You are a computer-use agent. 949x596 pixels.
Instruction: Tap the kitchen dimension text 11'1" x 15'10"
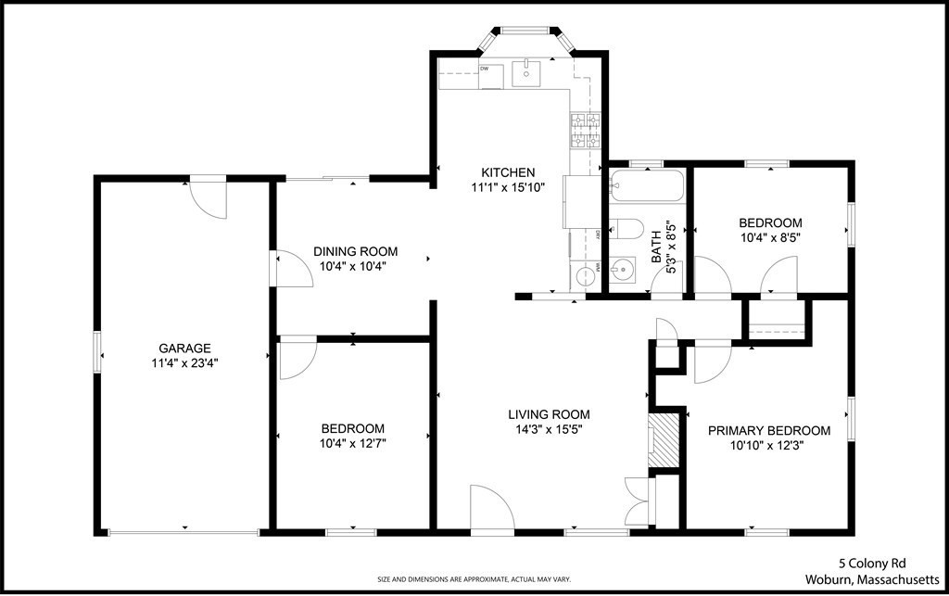tap(507, 187)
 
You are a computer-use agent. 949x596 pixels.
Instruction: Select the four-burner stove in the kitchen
tap(585, 131)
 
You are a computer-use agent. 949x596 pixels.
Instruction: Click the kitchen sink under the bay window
tap(526, 71)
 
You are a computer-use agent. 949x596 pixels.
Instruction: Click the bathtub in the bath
tap(647, 186)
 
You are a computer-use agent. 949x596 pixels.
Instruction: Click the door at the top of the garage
tap(207, 197)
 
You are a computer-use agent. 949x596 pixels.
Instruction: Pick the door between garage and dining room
tap(287, 270)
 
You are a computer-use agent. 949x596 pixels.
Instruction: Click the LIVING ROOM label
tap(549, 414)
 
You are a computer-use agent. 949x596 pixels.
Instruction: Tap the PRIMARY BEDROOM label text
tap(769, 431)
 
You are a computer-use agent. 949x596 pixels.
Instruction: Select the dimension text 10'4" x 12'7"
tap(352, 443)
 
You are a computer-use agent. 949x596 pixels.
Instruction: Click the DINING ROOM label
tap(355, 251)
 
